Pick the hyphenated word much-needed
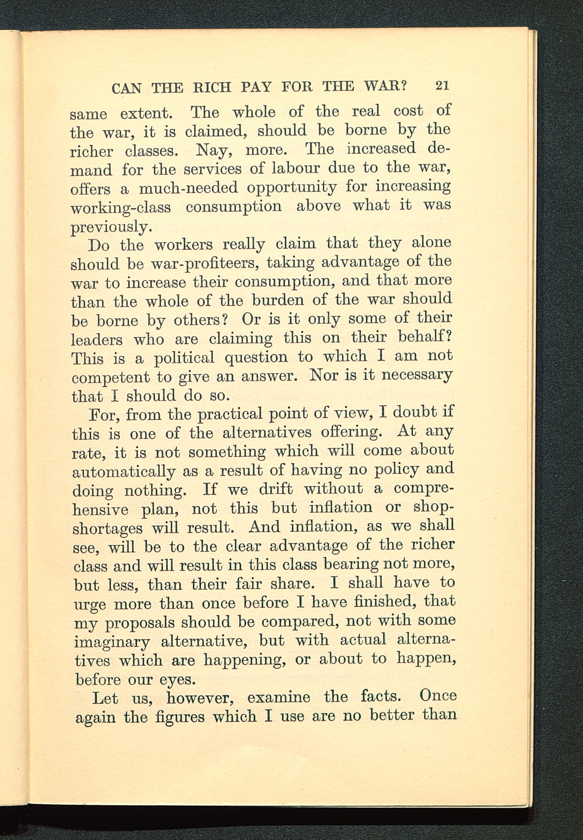pos(188,188)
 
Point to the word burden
pos(278,301)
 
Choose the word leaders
pos(97,340)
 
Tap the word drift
pos(276,489)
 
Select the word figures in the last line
pos(180,717)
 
